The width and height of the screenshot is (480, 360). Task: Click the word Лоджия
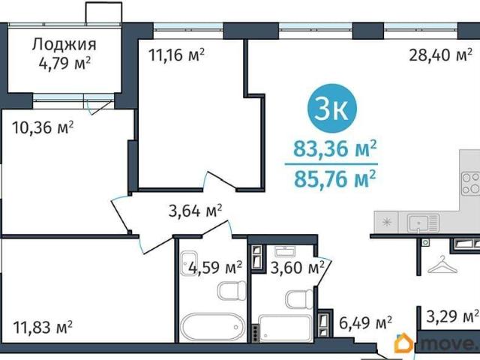click(x=64, y=45)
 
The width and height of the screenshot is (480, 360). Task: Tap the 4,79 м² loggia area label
click(x=64, y=64)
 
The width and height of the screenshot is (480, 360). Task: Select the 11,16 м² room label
click(x=176, y=55)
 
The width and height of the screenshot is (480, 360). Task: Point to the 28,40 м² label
click(x=440, y=55)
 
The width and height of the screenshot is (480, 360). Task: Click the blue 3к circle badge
click(x=331, y=108)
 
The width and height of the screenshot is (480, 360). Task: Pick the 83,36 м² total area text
click(x=335, y=148)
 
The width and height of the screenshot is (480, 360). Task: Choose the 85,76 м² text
click(x=335, y=178)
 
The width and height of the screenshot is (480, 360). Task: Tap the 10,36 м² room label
click(x=43, y=127)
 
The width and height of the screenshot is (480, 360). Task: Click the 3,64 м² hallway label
click(x=195, y=211)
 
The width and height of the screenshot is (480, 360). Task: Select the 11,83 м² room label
click(x=43, y=327)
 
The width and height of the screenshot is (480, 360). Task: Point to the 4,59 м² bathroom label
click(x=215, y=268)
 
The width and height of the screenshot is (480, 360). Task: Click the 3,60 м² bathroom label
click(x=297, y=268)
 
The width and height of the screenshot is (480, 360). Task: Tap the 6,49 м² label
click(x=365, y=322)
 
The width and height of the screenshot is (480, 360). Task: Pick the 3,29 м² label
click(x=452, y=316)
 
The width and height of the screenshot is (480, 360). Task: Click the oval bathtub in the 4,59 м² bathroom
click(x=213, y=327)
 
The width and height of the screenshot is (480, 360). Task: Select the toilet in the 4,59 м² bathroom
click(x=232, y=291)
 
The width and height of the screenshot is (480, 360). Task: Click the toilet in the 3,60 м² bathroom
click(x=299, y=298)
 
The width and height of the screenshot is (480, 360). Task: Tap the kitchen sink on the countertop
click(x=423, y=223)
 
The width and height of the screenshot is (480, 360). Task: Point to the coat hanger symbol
click(x=442, y=265)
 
